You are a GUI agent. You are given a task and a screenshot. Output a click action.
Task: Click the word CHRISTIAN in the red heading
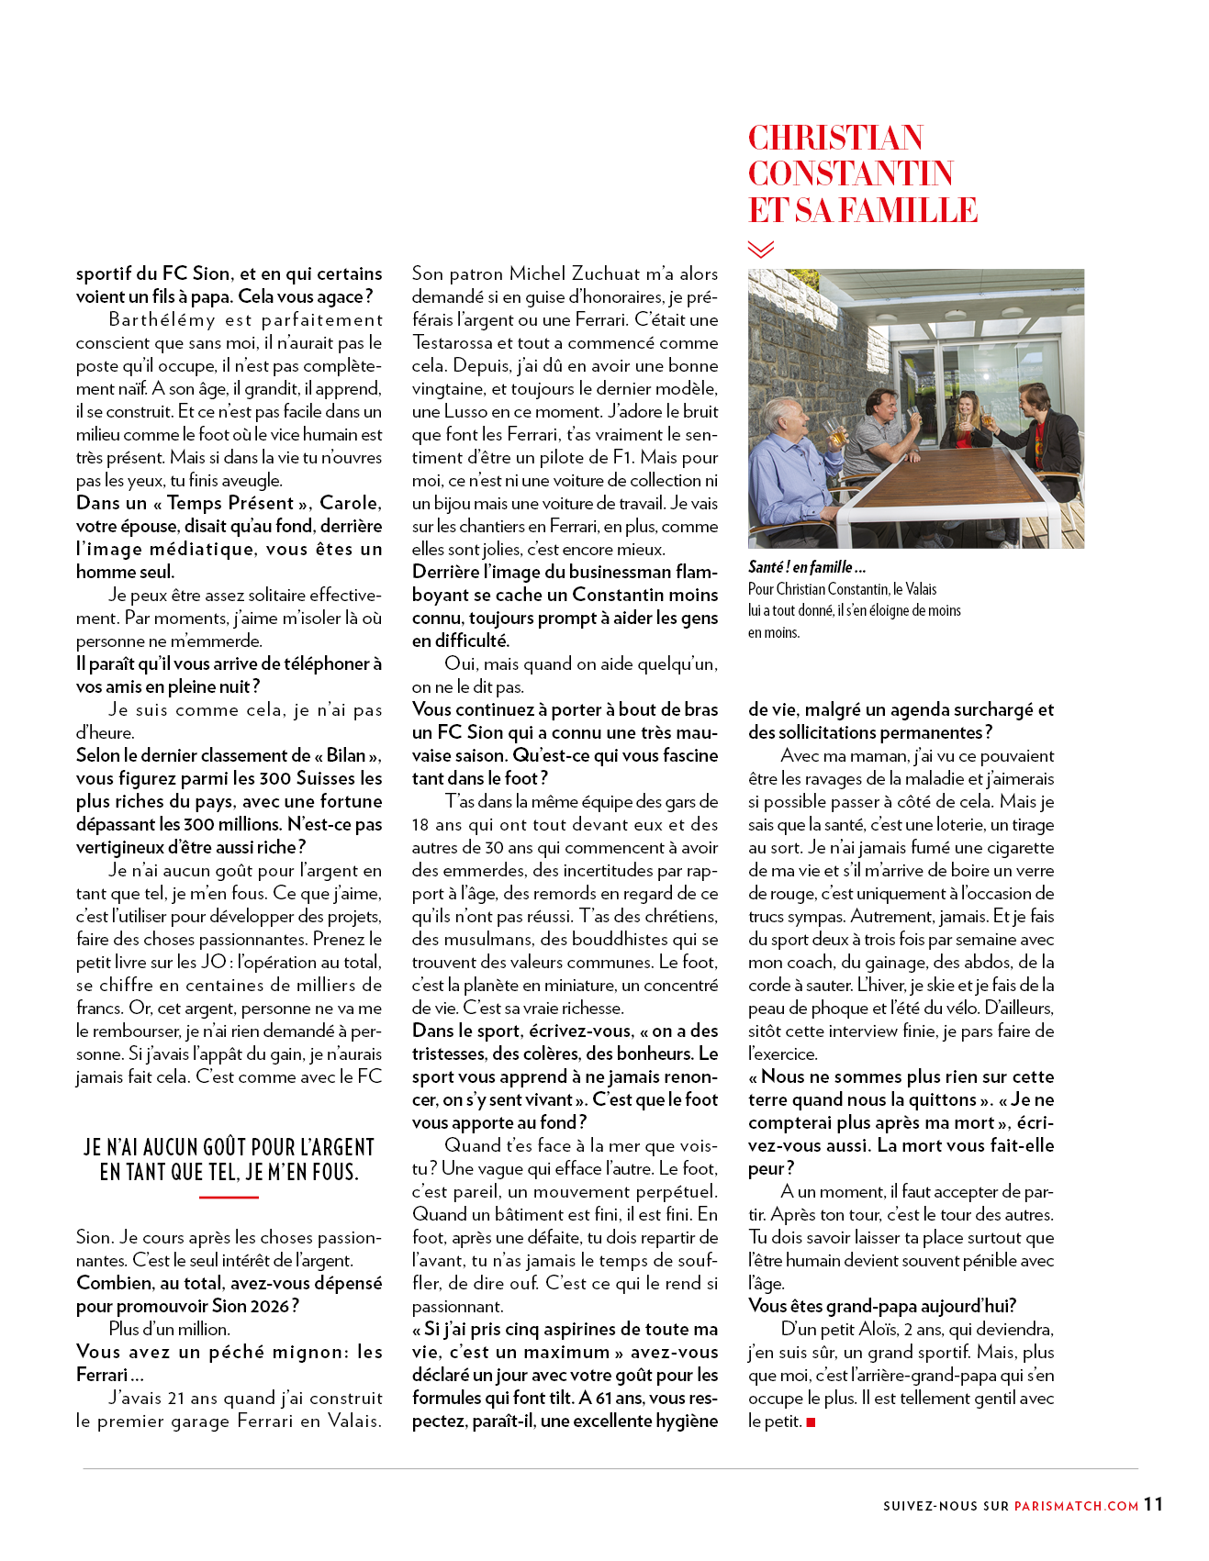835,139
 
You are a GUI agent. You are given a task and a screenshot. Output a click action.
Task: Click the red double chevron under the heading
761,249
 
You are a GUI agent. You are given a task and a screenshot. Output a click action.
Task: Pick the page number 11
1153,1503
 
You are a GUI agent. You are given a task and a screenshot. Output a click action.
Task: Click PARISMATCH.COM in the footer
1076,1506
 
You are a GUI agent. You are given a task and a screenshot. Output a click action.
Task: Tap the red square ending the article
811,1422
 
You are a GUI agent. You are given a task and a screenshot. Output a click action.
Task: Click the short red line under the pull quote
229,1197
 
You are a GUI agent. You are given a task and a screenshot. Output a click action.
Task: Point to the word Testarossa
453,343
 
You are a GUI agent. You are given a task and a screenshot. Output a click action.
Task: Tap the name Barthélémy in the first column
162,320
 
